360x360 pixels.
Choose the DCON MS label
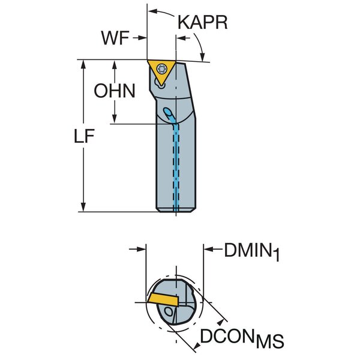pos(242,339)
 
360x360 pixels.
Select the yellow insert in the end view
pos(164,297)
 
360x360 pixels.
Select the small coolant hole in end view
pos(171,313)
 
